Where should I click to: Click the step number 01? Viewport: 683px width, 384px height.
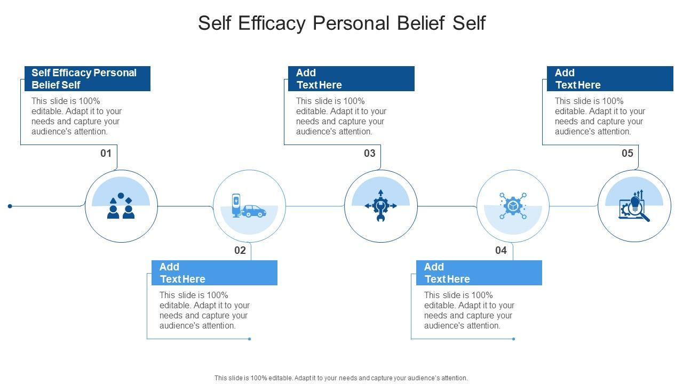(x=106, y=154)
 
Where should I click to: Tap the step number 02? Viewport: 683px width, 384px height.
(x=240, y=250)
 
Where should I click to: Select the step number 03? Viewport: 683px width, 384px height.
(x=370, y=154)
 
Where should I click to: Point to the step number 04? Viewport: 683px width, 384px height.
(x=501, y=250)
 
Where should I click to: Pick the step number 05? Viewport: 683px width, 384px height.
(x=628, y=154)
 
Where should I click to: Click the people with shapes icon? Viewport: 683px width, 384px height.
(x=121, y=206)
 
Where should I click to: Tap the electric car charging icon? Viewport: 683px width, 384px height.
(x=249, y=206)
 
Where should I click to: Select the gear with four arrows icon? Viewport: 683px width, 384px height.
(x=380, y=206)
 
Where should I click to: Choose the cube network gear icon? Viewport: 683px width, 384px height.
(x=513, y=206)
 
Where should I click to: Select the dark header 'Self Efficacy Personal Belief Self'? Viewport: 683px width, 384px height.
(x=88, y=79)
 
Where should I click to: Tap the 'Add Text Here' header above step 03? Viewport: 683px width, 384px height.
(x=351, y=79)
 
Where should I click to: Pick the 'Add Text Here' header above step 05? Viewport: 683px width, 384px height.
(x=610, y=79)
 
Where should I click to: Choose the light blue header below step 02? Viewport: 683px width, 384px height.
(x=215, y=273)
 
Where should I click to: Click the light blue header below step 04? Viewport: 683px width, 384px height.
(x=479, y=273)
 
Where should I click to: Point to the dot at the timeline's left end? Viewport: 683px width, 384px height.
(x=10, y=206)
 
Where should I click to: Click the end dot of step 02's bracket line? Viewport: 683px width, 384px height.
(x=250, y=339)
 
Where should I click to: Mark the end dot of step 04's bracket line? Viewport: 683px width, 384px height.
(x=514, y=339)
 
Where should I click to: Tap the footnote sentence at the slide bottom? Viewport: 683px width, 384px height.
(x=341, y=378)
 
